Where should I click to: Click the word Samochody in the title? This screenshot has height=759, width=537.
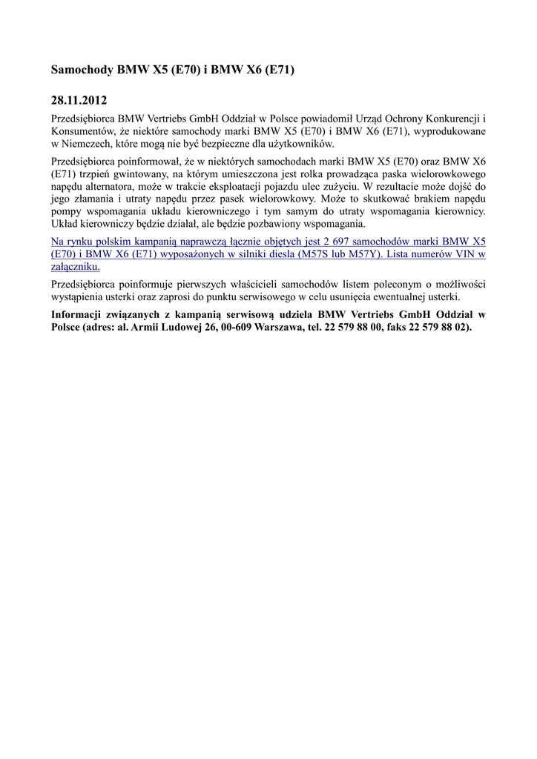(x=82, y=70)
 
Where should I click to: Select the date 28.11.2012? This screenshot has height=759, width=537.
(x=79, y=100)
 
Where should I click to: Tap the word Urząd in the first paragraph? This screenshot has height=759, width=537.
(x=378, y=119)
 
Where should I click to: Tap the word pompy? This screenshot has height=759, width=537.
(x=65, y=211)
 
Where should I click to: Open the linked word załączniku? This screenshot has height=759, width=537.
(x=75, y=267)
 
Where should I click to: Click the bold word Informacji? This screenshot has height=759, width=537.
(x=81, y=314)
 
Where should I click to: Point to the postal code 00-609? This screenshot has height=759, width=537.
(x=228, y=327)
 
